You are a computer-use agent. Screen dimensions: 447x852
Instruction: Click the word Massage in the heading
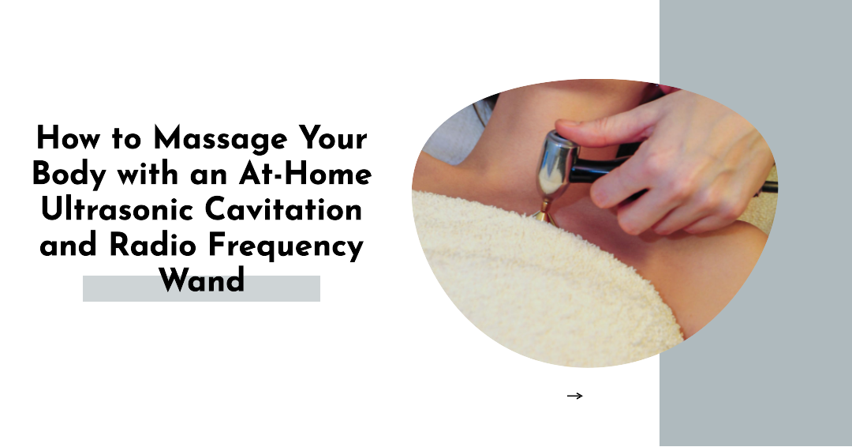tap(219, 140)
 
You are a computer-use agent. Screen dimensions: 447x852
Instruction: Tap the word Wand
tap(201, 280)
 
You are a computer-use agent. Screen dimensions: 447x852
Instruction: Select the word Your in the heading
tap(331, 140)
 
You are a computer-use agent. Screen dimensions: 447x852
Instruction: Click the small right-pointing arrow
tap(574, 396)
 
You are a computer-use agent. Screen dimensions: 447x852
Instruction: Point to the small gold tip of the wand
tap(544, 211)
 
